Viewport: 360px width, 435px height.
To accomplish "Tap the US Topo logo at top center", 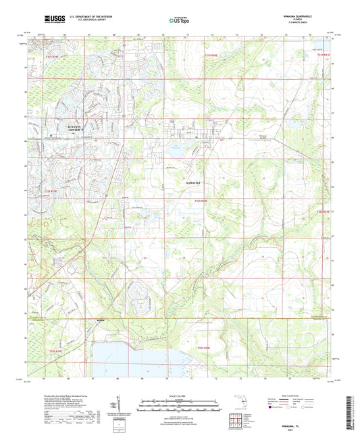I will (178, 21).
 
